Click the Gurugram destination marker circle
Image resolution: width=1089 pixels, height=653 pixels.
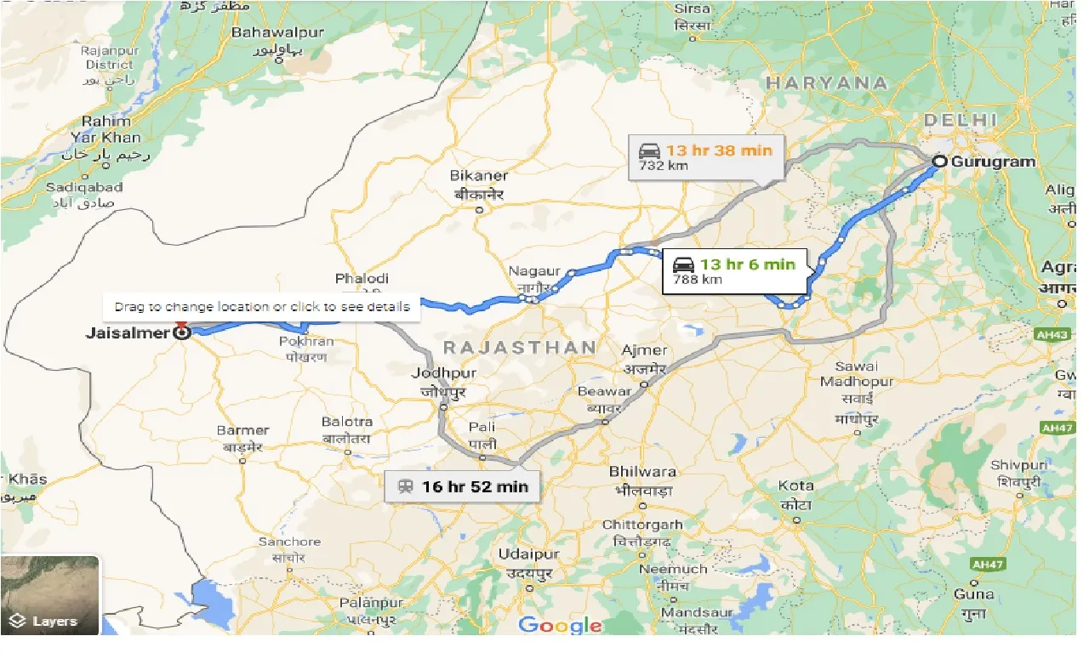pos(940,162)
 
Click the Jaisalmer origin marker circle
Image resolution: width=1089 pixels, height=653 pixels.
pos(181,332)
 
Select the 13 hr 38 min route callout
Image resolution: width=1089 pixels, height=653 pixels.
pos(706,156)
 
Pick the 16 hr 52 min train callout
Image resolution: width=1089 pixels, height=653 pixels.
pos(462,486)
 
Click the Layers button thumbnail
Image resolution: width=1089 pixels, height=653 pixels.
pos(50,594)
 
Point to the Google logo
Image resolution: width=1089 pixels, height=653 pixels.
pos(560,626)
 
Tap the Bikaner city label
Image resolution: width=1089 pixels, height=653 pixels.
pos(480,176)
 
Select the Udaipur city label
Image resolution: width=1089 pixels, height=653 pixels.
pos(527,554)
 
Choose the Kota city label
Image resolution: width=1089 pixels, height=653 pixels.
pos(795,485)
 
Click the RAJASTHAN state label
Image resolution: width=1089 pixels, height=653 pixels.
pos(519,347)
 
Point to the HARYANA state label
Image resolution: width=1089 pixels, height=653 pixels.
pos(826,83)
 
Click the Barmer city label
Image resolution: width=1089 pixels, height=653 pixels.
pos(242,430)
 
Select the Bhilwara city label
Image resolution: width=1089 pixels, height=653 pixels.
pos(642,472)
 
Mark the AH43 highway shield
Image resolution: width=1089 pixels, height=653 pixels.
pos(1052,335)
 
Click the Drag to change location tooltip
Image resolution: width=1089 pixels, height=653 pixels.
pos(262,307)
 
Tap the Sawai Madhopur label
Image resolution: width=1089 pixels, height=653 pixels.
pos(856,374)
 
